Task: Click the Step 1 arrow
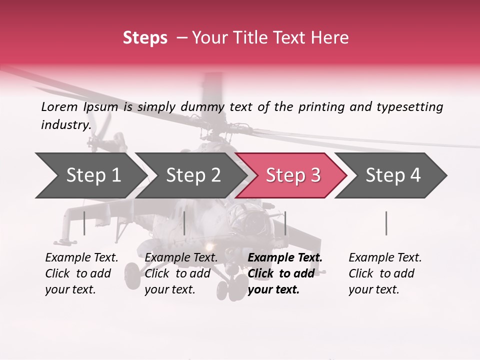tap(93, 175)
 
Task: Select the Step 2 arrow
tap(193, 175)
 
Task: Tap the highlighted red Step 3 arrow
tap(292, 175)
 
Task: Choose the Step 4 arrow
tap(392, 175)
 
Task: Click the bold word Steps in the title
tap(145, 38)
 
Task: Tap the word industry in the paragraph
tap(65, 124)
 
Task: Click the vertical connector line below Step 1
tap(84, 223)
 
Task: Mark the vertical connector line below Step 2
tap(184, 223)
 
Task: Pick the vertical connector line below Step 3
tap(285, 223)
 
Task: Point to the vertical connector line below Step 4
tap(386, 223)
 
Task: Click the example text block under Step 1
tap(81, 273)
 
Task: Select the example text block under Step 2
tap(181, 273)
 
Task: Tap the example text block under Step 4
tap(385, 273)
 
